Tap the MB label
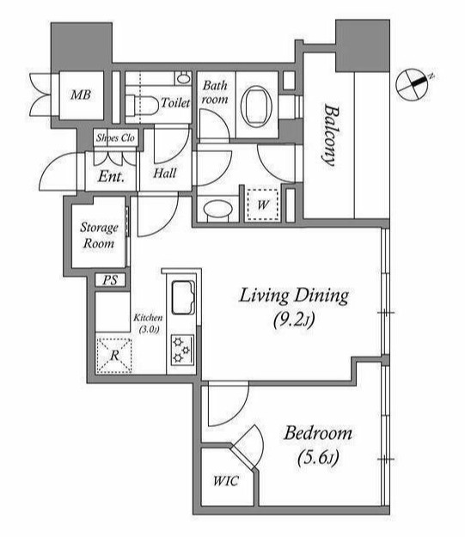(81, 95)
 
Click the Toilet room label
(175, 102)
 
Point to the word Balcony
(330, 136)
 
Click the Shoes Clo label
(115, 137)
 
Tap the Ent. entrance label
(111, 177)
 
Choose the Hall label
(165, 173)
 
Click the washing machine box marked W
(263, 204)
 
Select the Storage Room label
(99, 235)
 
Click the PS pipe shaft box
(110, 280)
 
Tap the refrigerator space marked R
(114, 356)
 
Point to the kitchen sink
(183, 297)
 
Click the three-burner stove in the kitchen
(182, 350)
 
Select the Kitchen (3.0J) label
(148, 323)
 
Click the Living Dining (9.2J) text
(294, 308)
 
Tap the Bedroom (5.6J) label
(318, 444)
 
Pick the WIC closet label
(225, 481)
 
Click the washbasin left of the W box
(218, 209)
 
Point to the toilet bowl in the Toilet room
(142, 105)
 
